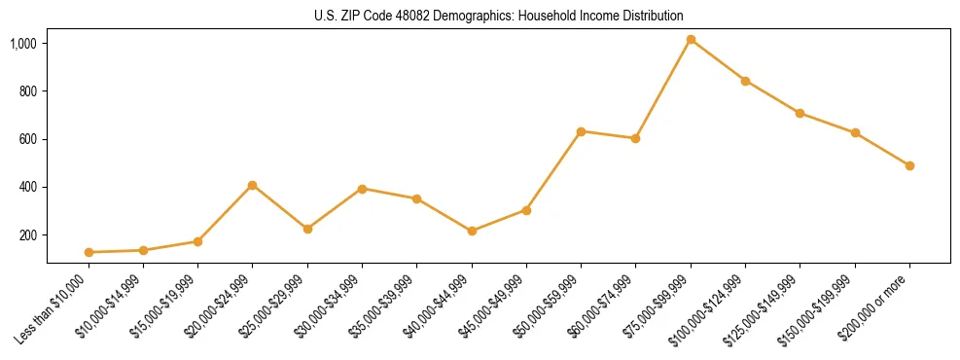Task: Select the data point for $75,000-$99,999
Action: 691,40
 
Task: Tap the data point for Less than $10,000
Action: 89,252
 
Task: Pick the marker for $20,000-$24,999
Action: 253,185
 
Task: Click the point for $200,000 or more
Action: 909,165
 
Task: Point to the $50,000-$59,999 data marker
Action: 581,131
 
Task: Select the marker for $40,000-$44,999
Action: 472,231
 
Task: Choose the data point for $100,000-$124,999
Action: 745,81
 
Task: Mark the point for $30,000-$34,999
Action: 362,189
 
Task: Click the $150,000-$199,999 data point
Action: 855,132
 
